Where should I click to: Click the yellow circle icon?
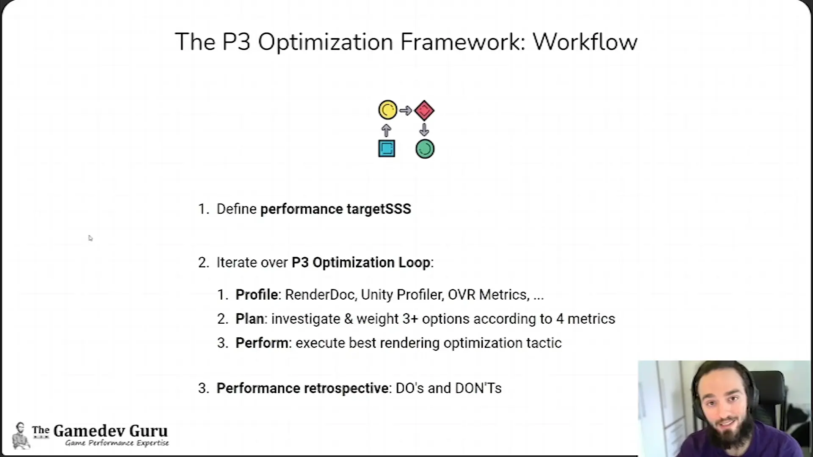(387, 110)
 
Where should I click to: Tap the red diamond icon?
(424, 110)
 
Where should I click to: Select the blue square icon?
(387, 149)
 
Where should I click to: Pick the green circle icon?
(425, 149)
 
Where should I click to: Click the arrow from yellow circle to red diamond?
(406, 111)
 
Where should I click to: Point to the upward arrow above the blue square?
(386, 130)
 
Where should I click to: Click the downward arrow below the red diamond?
(424, 129)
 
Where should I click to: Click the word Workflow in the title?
(585, 42)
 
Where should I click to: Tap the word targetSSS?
(379, 209)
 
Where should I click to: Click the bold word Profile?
(257, 295)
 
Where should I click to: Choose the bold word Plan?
(249, 319)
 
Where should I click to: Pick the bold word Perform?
(262, 343)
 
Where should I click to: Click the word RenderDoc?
(320, 295)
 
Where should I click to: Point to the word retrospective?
(346, 388)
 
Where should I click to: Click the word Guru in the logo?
(148, 431)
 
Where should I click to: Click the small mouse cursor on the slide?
(90, 238)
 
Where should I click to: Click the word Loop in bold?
(414, 262)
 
